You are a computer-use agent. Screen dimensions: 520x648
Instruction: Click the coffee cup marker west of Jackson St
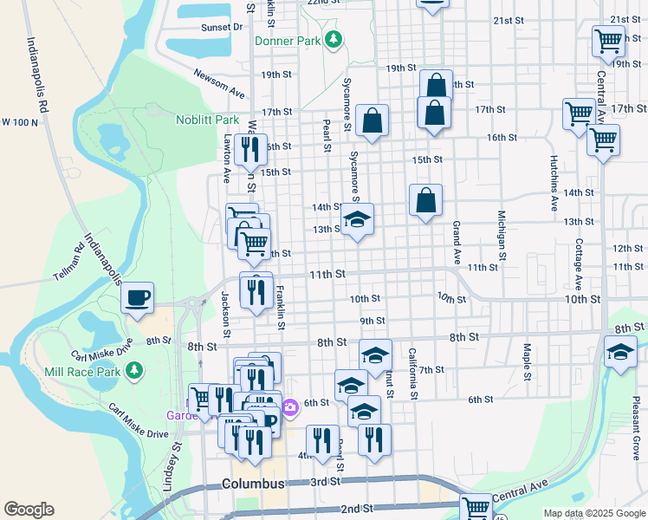(137, 298)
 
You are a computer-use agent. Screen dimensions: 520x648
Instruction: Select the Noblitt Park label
(207, 120)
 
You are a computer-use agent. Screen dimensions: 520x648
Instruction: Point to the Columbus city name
(253, 483)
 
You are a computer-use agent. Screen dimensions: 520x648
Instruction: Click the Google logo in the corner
(29, 510)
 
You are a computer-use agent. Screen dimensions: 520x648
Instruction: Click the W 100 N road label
(20, 122)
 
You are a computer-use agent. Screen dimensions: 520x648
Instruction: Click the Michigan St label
(501, 234)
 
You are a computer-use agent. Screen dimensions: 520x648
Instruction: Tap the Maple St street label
(527, 361)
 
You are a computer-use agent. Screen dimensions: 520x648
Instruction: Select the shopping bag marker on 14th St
(425, 201)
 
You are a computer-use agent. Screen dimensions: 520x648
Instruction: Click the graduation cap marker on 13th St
(356, 220)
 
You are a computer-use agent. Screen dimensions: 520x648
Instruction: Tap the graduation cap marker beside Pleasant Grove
(620, 353)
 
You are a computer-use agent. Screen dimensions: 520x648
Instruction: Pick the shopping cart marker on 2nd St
(475, 508)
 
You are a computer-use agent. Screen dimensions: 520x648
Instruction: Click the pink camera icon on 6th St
(290, 406)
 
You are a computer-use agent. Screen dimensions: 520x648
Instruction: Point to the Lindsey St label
(178, 468)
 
